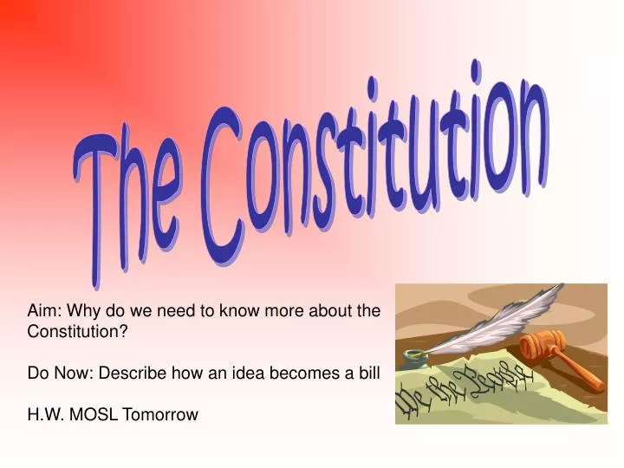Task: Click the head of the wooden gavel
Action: click(543, 345)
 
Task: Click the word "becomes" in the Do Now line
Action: click(309, 373)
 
